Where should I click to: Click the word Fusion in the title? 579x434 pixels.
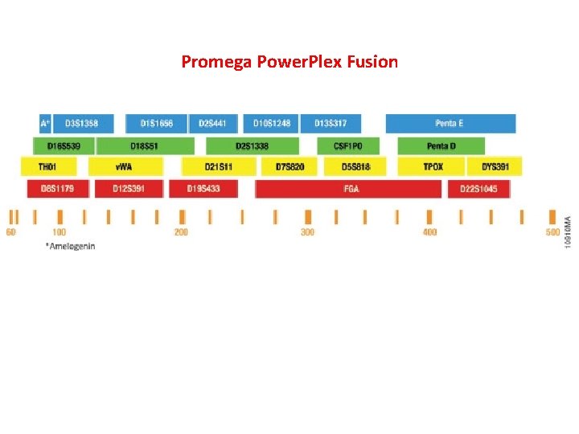coord(372,62)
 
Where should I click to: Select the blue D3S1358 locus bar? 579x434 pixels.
coord(82,123)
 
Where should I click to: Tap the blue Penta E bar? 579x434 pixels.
coord(450,123)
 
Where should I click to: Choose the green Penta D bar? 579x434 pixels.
coord(441,145)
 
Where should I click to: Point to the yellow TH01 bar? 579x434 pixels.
coord(48,166)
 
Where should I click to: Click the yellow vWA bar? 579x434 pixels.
coord(125,166)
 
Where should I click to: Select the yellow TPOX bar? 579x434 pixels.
coord(433,166)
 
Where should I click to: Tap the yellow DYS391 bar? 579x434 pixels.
coord(495,166)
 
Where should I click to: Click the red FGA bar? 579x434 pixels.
coord(349,189)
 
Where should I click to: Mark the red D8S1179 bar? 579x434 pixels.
coord(57,189)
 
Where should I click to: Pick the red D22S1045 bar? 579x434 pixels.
coord(478,189)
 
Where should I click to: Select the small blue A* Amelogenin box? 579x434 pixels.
coord(45,123)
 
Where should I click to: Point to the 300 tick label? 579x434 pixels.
coord(307,232)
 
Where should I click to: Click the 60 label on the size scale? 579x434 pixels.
coord(10,232)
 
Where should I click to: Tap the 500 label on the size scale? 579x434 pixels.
coord(552,232)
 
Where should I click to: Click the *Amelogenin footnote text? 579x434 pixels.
coord(71,246)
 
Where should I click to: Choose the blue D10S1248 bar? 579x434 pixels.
coord(271,123)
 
